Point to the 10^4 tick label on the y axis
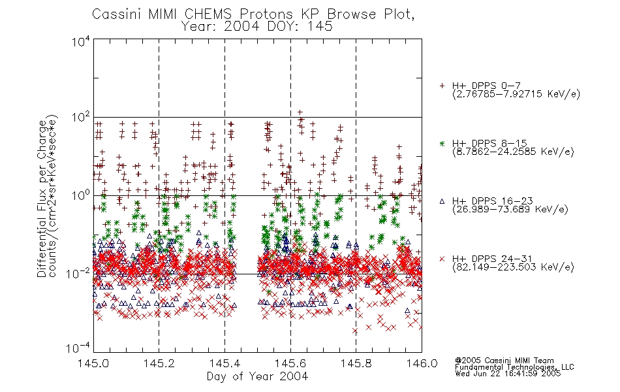coord(81,41)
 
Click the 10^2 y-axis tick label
coord(81,118)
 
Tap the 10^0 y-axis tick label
coord(81,195)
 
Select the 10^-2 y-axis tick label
coord(78,273)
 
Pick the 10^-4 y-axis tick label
coord(78,348)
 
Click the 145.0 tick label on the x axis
coord(93,363)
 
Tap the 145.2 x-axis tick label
coord(159,363)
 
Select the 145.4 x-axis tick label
coord(225,363)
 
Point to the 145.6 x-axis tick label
coord(290,363)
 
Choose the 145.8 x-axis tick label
coord(356,363)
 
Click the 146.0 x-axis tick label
coord(422,363)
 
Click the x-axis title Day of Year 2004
coord(257,376)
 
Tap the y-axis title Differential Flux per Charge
coord(42,199)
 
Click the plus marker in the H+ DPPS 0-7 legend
coord(442,86)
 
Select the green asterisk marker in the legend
coord(442,143)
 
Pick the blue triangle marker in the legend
coord(442,201)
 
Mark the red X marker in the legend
coord(442,259)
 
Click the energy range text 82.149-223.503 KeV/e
coord(513,267)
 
